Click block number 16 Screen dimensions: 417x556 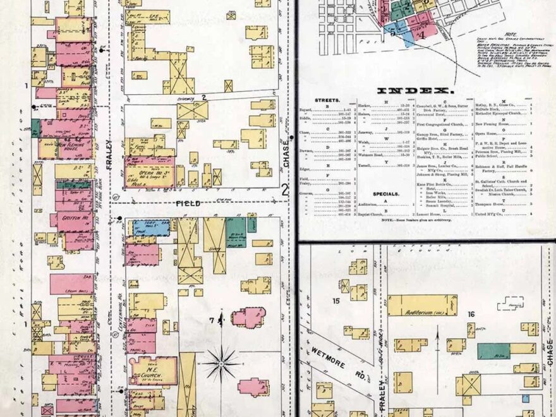pyautogui.click(x=471, y=314)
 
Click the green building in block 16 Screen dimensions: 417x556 pyautogui.click(x=493, y=351)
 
